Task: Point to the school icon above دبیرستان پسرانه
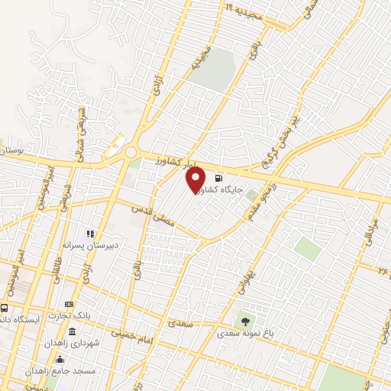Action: (x=90, y=234)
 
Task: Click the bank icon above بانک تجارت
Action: (x=69, y=304)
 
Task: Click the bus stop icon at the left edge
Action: (x=5, y=308)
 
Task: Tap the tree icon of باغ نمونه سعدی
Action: (x=244, y=322)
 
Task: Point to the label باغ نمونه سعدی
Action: (x=244, y=334)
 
